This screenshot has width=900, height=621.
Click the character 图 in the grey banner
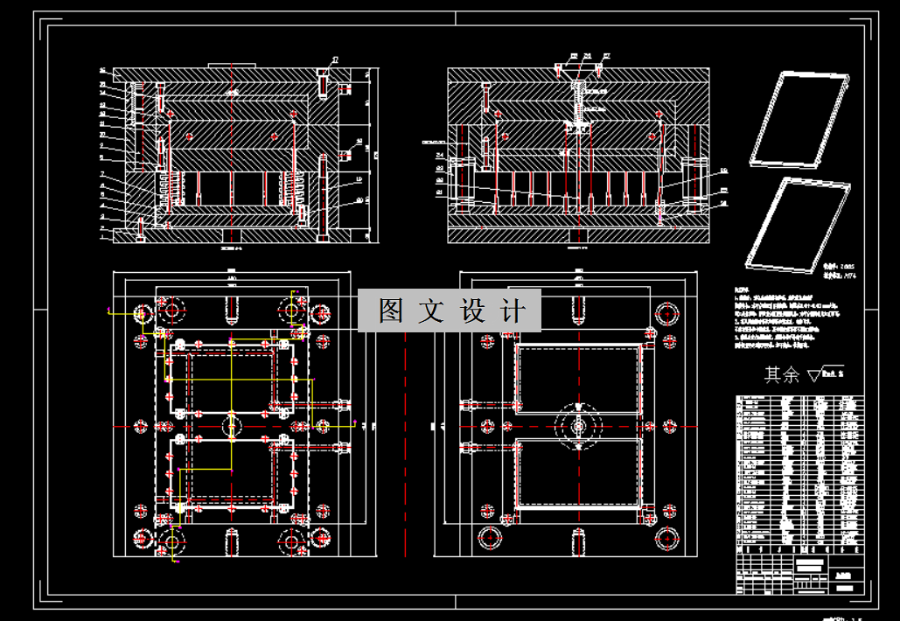[390, 310]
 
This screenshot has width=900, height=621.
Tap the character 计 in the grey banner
[514, 310]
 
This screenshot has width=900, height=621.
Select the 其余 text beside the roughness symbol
[782, 374]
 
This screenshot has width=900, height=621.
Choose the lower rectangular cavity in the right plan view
[579, 472]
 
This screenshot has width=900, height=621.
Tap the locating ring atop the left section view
[230, 64]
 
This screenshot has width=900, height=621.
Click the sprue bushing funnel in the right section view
[579, 86]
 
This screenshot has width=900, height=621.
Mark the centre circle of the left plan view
[231, 425]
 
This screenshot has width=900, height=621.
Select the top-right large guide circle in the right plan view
[668, 313]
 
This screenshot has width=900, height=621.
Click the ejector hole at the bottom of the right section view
[579, 234]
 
